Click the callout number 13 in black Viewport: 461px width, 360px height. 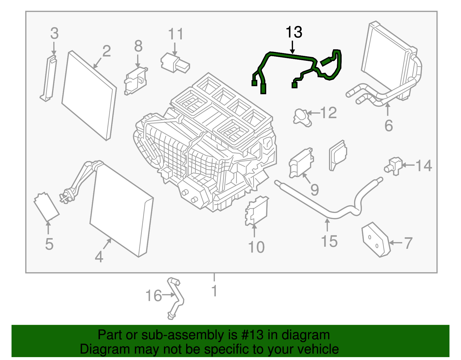294,32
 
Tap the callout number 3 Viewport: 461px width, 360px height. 54,33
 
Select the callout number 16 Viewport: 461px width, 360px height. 154,296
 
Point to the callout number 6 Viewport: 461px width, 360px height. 389,126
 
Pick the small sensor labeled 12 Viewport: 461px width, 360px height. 302,117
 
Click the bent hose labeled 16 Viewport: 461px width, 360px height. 176,298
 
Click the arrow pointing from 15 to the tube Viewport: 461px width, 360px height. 327,225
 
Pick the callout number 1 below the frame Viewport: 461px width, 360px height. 214,291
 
